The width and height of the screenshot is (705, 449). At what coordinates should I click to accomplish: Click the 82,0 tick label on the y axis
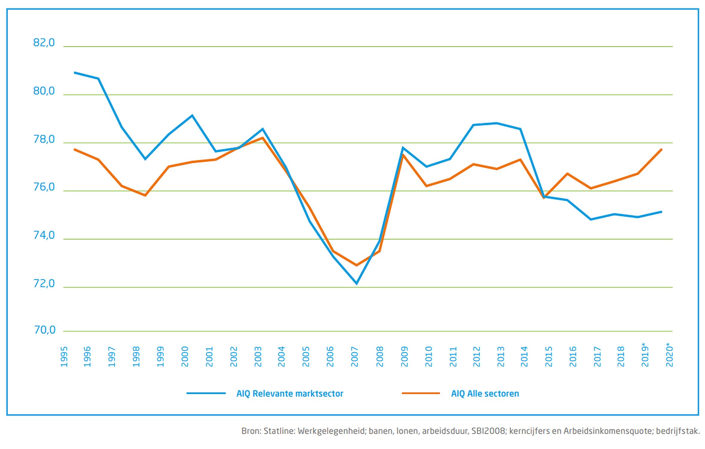point(44,43)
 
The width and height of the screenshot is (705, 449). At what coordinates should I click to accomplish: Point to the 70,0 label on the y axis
point(45,330)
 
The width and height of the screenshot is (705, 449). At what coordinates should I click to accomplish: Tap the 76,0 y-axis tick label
point(44,187)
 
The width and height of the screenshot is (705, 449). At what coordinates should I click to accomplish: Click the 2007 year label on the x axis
point(355,357)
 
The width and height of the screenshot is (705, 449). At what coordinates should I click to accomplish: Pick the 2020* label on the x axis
point(669,355)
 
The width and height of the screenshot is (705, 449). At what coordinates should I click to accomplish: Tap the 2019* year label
point(645,355)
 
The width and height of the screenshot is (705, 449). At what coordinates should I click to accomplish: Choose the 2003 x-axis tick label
point(258,357)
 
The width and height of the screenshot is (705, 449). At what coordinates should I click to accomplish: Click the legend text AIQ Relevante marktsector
point(290,394)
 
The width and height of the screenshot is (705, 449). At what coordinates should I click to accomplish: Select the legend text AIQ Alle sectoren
point(485,394)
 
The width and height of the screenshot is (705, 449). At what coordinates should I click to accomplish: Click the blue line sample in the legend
point(206,394)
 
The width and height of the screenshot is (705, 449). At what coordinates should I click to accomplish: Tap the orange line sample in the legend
point(421,394)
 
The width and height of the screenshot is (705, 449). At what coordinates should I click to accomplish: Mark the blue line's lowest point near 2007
point(356,283)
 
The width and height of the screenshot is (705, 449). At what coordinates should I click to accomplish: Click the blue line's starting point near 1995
point(74,72)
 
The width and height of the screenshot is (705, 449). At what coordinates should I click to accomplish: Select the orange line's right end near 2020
point(661,149)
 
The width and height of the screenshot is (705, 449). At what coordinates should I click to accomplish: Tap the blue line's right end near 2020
point(661,212)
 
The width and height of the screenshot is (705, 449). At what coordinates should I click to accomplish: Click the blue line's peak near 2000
point(192,115)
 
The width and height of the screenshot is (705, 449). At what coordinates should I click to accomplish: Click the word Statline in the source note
point(279,431)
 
